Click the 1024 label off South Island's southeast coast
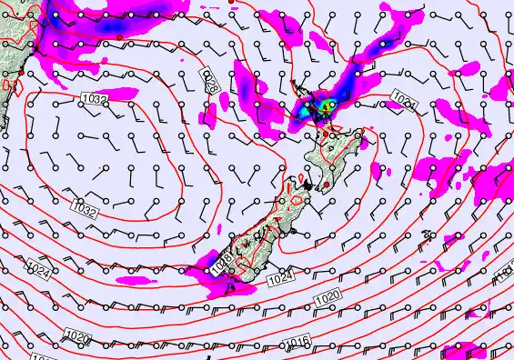(x=281, y=278)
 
